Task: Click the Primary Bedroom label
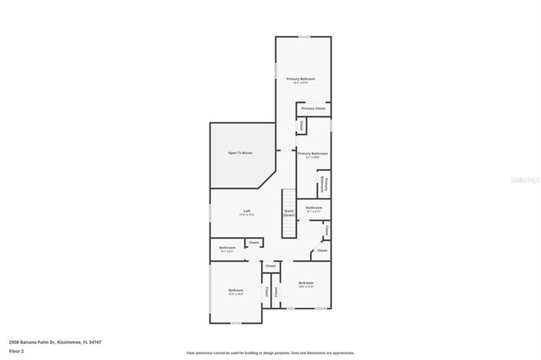pos(301,79)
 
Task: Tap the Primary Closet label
pos(313,108)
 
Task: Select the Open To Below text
pos(239,153)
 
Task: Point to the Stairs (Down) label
pos(289,213)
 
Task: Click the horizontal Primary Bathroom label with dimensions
pos(312,154)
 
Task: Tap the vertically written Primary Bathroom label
pos(326,184)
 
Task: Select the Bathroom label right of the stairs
pos(313,208)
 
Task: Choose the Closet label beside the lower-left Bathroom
pos(254,243)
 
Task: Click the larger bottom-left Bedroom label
pos(236,291)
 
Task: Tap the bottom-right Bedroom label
pos(305,283)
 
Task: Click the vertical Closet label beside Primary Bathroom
pos(302,125)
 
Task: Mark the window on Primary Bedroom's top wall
pos(304,36)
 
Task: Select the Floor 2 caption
pos(17,352)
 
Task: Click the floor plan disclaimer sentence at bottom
pos(270,353)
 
